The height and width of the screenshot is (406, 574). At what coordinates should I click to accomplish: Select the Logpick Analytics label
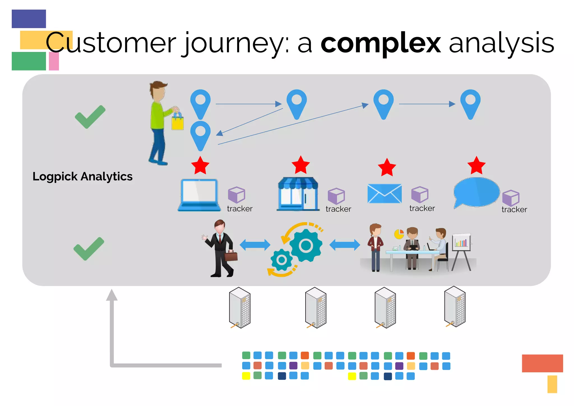pyautogui.click(x=82, y=176)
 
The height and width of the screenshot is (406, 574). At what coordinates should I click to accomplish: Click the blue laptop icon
pyautogui.click(x=199, y=195)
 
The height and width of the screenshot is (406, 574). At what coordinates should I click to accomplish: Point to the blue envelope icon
pyautogui.click(x=384, y=193)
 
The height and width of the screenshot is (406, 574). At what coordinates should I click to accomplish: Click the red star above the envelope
pyautogui.click(x=387, y=167)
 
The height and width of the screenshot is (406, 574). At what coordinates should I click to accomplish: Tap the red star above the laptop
pyautogui.click(x=200, y=166)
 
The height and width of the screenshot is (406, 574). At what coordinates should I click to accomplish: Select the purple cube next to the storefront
pyautogui.click(x=336, y=196)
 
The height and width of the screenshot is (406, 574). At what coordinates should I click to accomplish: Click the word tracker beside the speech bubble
pyautogui.click(x=514, y=210)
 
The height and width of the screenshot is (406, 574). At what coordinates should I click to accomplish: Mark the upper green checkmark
pyautogui.click(x=90, y=117)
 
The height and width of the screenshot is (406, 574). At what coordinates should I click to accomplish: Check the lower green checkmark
pyautogui.click(x=89, y=249)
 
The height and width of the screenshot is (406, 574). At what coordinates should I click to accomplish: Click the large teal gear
pyautogui.click(x=305, y=246)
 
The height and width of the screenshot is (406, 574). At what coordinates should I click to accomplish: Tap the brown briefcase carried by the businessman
pyautogui.click(x=231, y=256)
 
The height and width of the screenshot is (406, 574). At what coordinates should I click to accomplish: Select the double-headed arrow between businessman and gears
pyautogui.click(x=255, y=245)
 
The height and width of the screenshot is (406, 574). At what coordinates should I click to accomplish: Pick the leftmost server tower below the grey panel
pyautogui.click(x=240, y=308)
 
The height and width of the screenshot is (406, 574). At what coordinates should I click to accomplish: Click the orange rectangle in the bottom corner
pyautogui.click(x=542, y=363)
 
